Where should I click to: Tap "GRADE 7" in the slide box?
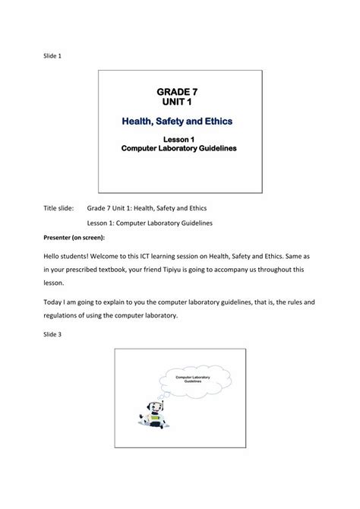point(180,91)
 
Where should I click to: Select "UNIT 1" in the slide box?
point(180,102)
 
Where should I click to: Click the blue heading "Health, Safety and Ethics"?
point(179,120)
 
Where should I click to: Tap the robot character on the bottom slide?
point(153,413)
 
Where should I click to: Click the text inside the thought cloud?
point(193,378)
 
